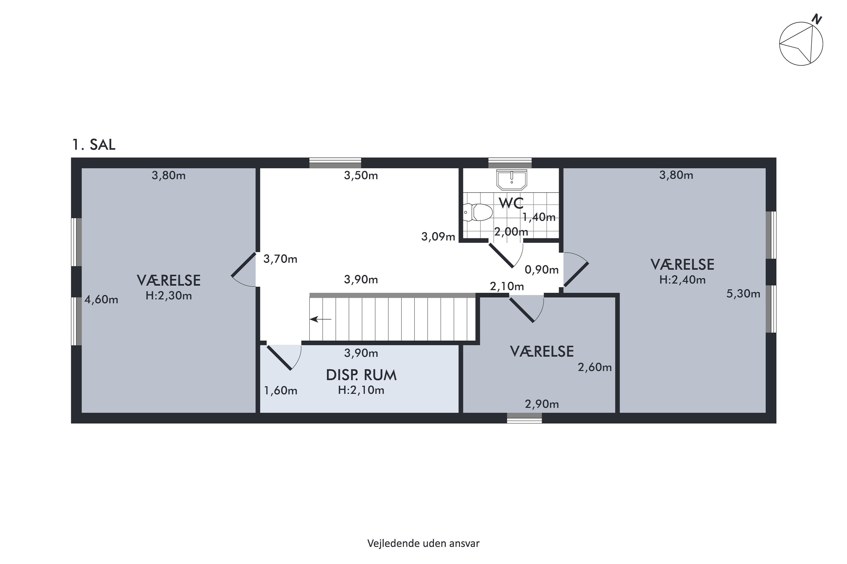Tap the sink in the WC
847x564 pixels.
[511, 179]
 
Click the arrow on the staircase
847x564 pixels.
[320, 319]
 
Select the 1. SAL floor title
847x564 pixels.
[94, 145]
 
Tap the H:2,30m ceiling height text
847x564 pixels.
[169, 296]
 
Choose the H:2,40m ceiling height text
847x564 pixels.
[682, 280]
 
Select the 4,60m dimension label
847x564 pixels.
[101, 299]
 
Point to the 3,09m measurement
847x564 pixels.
[438, 237]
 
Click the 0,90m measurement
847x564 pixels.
[542, 270]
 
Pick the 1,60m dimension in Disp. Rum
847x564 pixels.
[281, 391]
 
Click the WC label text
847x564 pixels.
[511, 204]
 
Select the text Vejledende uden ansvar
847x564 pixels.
[423, 543]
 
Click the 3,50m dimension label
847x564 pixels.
[361, 175]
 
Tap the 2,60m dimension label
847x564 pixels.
[595, 367]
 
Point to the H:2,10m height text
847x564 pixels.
[361, 390]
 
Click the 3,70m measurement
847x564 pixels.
[280, 259]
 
